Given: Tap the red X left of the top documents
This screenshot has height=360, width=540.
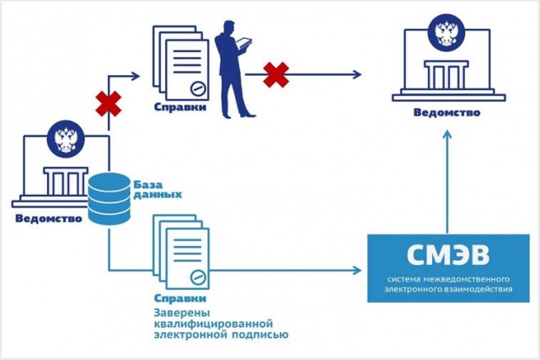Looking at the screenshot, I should click(x=108, y=105).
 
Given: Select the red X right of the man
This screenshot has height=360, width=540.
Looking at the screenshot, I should click(x=275, y=74).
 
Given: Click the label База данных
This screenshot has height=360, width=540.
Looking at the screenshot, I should click(x=156, y=188).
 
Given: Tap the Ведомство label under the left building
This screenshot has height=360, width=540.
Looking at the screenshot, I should click(x=48, y=219).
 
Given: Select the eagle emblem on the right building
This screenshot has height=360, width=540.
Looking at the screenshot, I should click(x=446, y=34).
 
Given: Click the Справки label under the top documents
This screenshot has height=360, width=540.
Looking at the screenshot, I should click(x=179, y=109).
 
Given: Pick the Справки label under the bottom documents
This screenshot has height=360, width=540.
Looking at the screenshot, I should click(x=179, y=299).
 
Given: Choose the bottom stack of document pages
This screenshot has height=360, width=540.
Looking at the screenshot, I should click(x=180, y=250).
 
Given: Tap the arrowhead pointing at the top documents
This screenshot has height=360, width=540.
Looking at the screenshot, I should click(x=139, y=74).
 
